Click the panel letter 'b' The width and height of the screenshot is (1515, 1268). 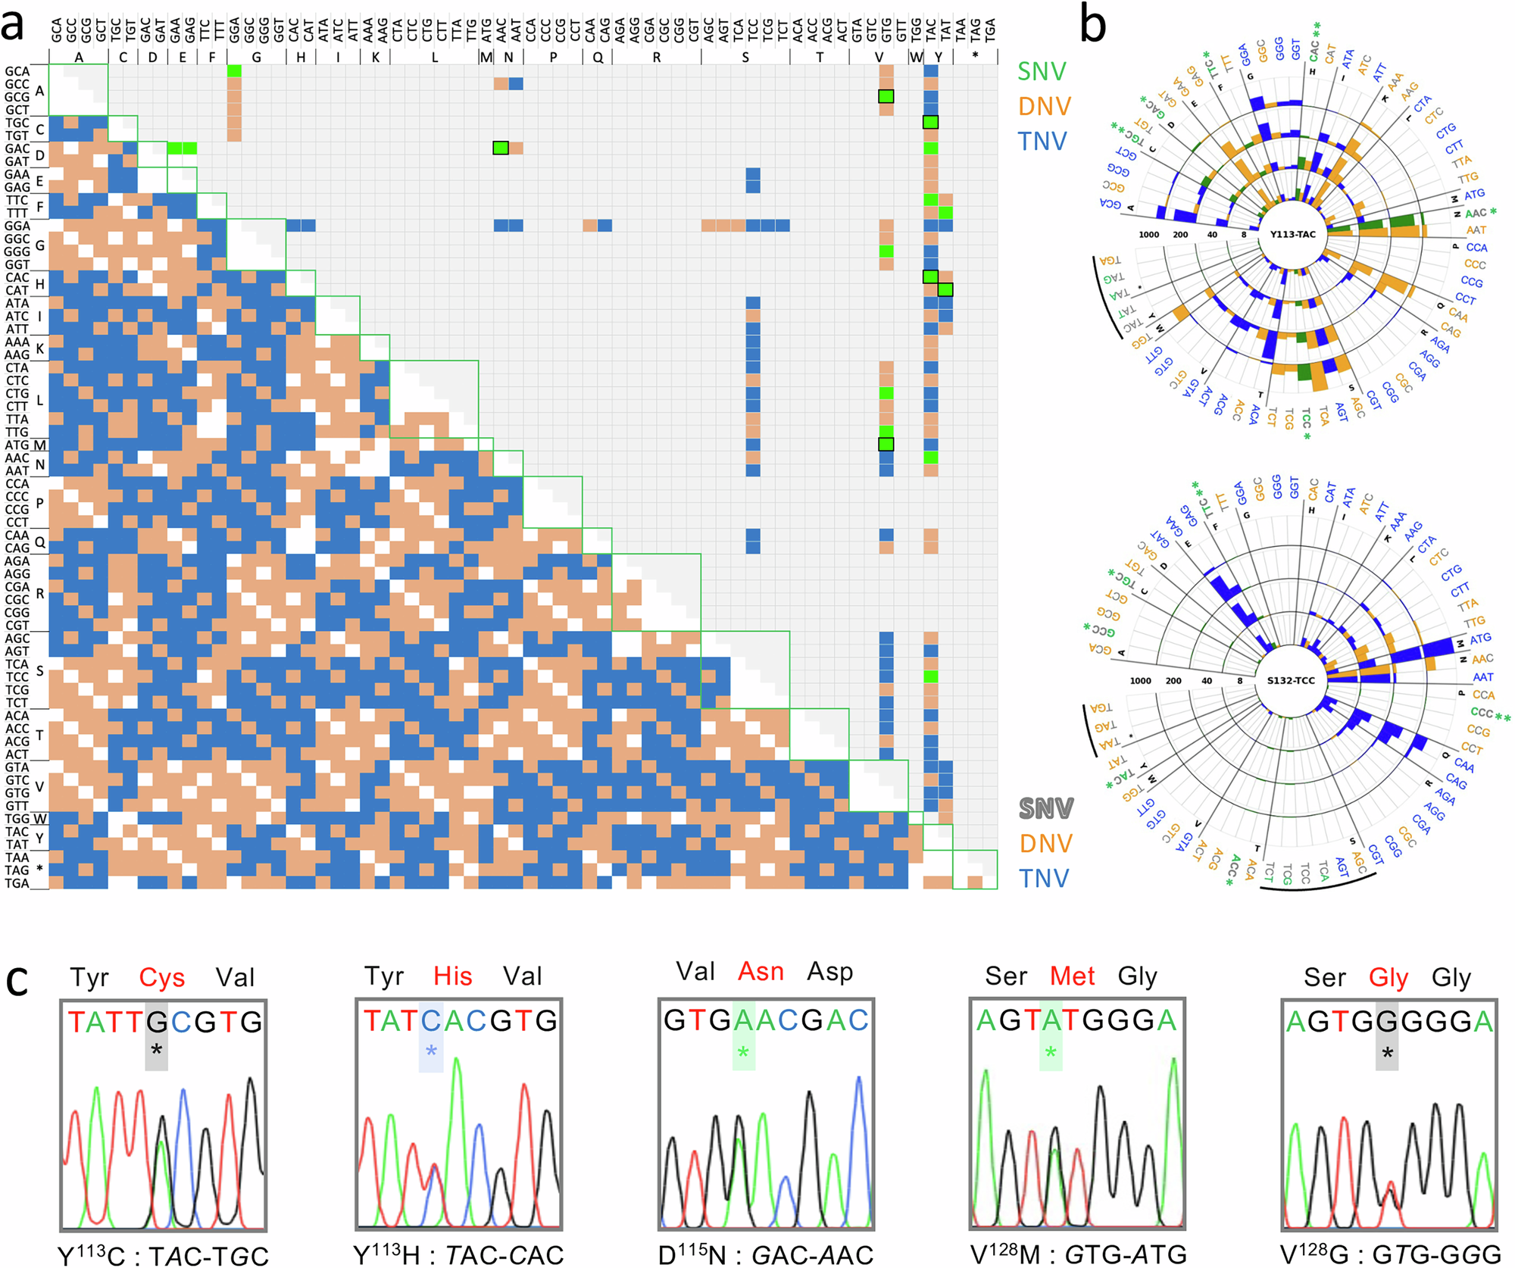click(1092, 27)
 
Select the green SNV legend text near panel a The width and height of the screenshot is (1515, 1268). click(1042, 72)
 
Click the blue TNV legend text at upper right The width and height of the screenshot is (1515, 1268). click(1042, 142)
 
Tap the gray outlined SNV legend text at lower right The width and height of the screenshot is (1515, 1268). click(1045, 809)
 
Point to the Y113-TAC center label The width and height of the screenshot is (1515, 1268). click(1292, 234)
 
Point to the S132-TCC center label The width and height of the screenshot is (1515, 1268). click(1291, 680)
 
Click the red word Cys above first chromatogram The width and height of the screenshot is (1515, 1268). click(161, 978)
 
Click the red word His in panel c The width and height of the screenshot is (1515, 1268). click(452, 976)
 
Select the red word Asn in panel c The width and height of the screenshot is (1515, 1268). click(761, 972)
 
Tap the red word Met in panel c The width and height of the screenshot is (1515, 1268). click(1072, 976)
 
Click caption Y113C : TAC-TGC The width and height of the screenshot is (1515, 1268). click(163, 1255)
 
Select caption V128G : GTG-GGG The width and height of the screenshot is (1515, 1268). click(1387, 1255)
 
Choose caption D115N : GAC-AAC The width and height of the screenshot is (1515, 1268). click(765, 1255)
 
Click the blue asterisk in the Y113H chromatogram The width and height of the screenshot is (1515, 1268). click(431, 1051)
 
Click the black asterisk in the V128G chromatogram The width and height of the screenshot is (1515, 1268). click(1387, 1053)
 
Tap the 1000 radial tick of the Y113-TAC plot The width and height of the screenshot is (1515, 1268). click(1149, 235)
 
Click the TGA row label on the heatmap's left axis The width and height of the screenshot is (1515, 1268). click(17, 883)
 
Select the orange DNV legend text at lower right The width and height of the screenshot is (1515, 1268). click(1045, 844)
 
